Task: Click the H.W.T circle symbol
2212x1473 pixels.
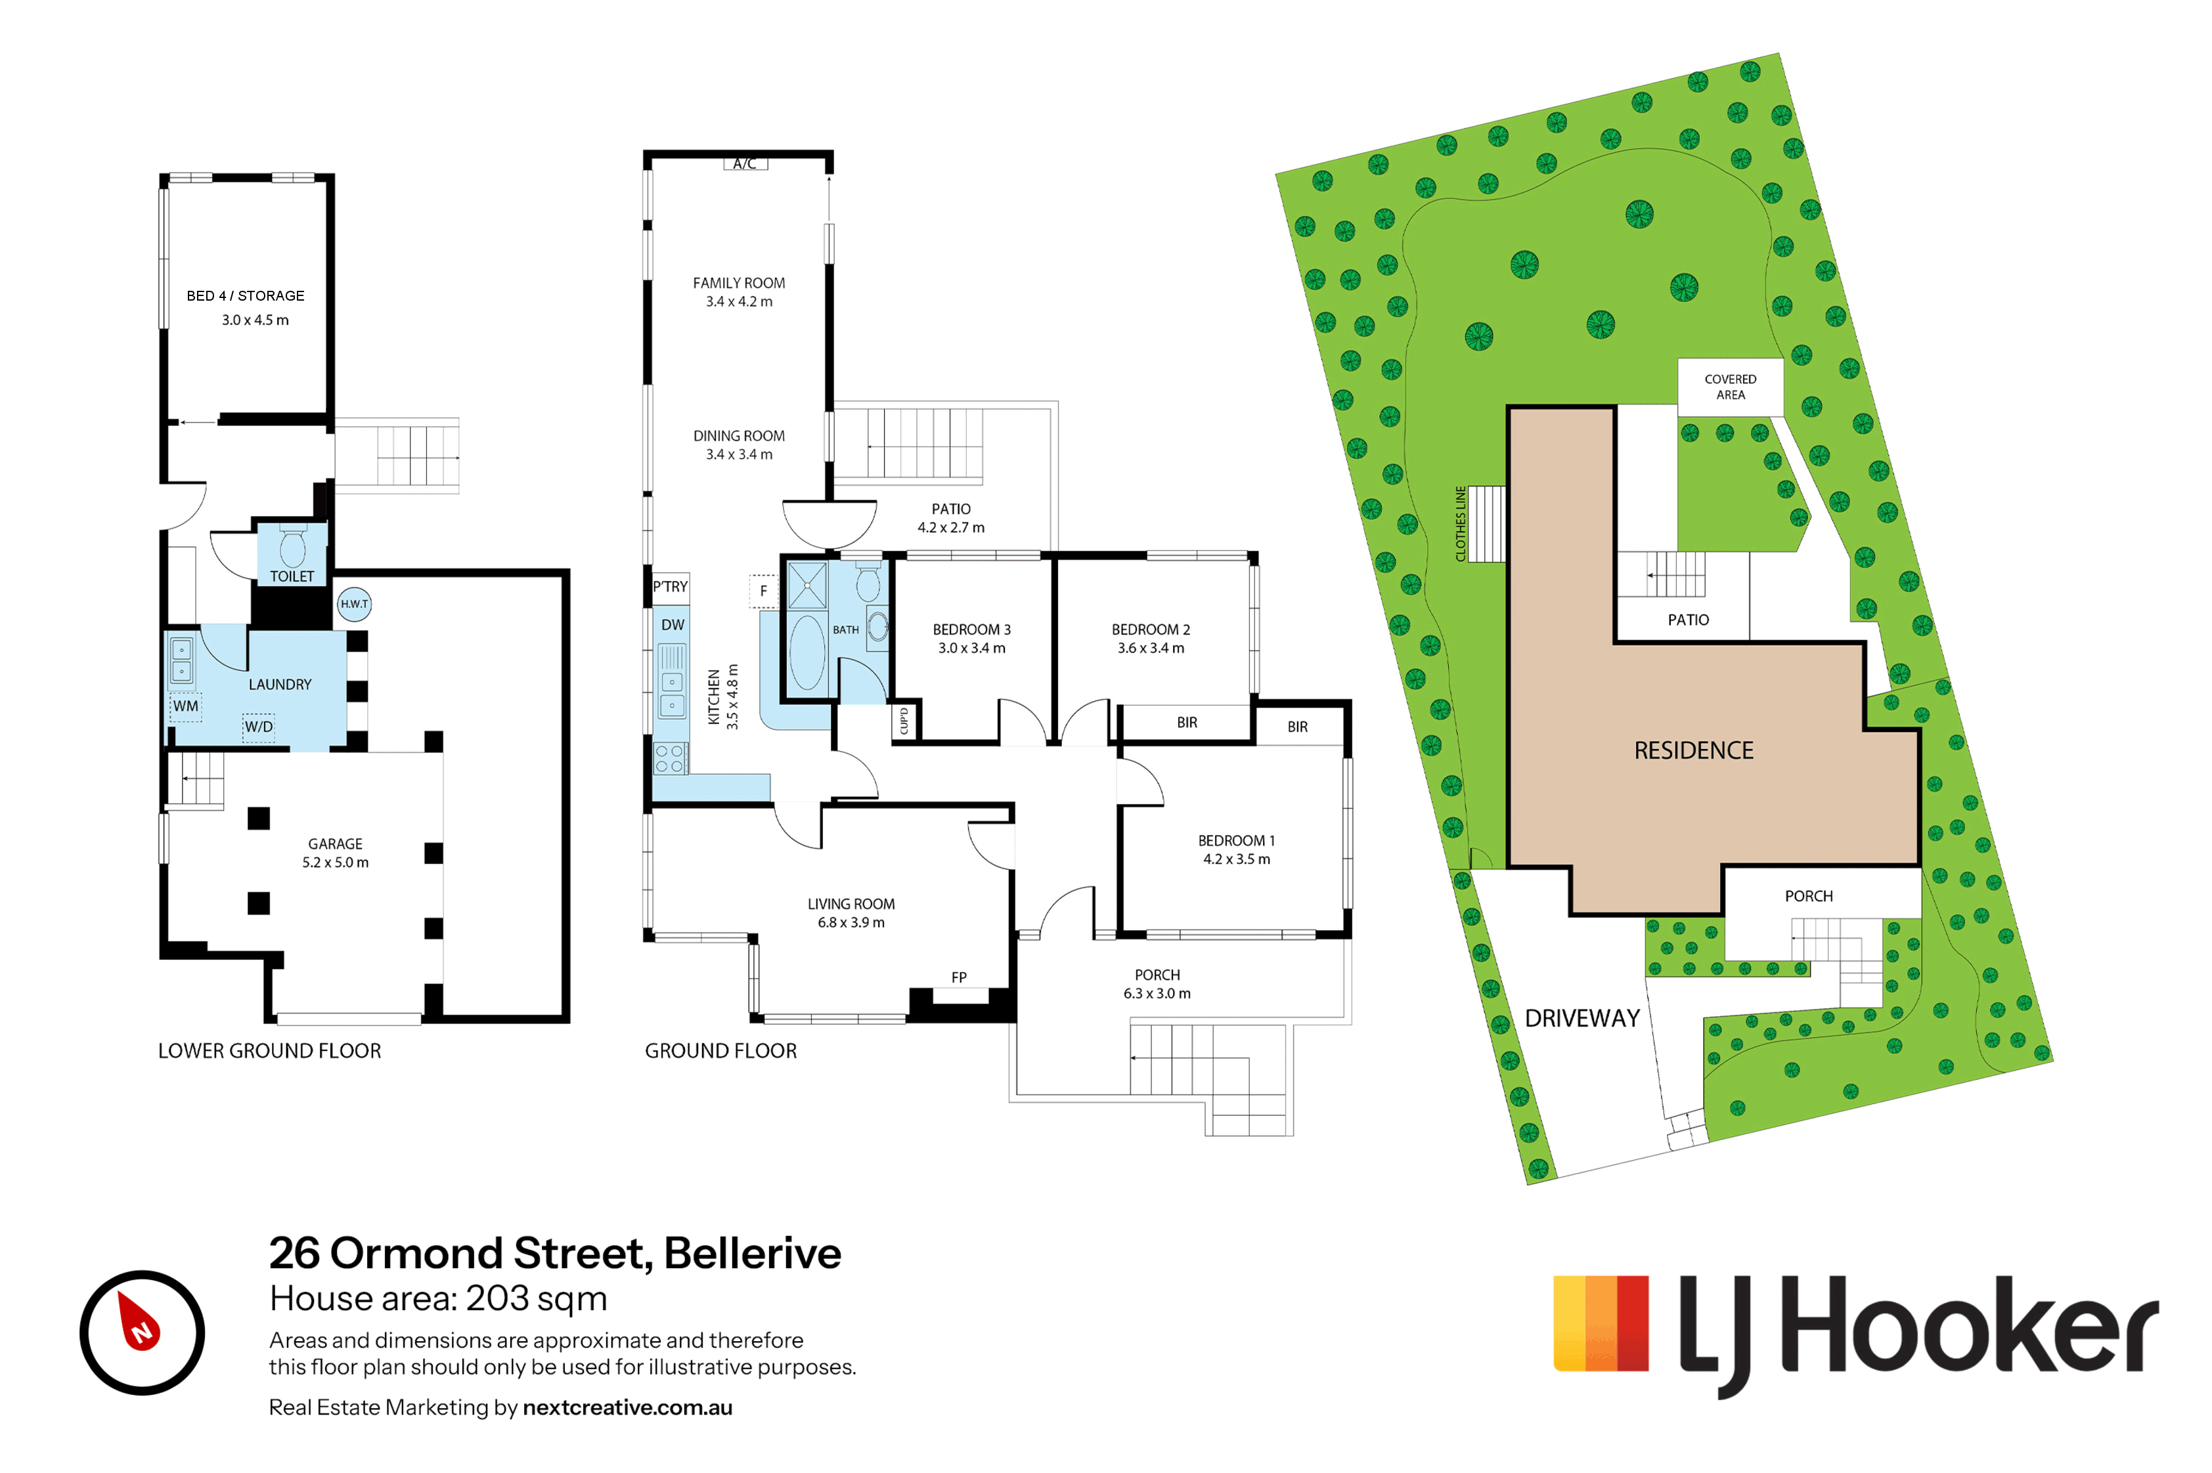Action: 353,603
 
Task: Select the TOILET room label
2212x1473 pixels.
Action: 292,576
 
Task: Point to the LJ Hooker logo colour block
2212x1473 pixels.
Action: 1601,1323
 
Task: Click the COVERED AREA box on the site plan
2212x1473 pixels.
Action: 1730,387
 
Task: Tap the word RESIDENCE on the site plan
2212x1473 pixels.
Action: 1693,750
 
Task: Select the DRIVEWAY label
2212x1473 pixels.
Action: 1582,1018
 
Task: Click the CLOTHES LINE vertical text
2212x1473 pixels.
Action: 1459,523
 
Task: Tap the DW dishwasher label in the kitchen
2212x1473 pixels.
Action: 673,625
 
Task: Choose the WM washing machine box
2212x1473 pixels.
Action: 185,706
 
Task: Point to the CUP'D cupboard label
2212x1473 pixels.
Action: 904,721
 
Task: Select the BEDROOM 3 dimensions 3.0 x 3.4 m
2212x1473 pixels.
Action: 971,648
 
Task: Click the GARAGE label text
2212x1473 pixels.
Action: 336,843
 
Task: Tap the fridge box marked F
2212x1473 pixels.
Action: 763,591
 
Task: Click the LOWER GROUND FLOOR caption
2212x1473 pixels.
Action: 270,1050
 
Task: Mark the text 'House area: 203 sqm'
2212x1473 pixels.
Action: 438,1298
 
